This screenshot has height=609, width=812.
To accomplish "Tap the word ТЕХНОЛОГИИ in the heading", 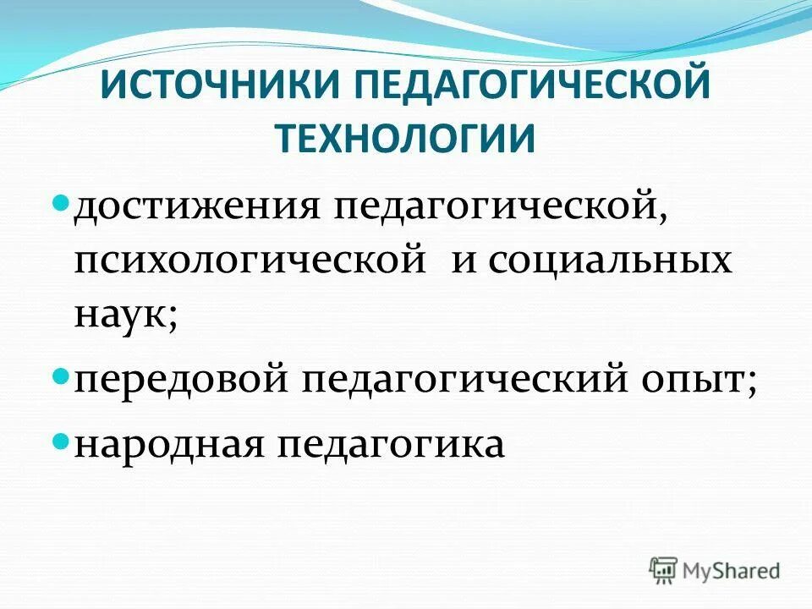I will pyautogui.click(x=406, y=137).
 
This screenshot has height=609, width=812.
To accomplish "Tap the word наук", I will pyautogui.click(x=120, y=315).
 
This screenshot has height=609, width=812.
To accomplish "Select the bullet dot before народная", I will pyautogui.click(x=60, y=440).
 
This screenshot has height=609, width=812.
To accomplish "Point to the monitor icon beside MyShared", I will pyautogui.click(x=665, y=568).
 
